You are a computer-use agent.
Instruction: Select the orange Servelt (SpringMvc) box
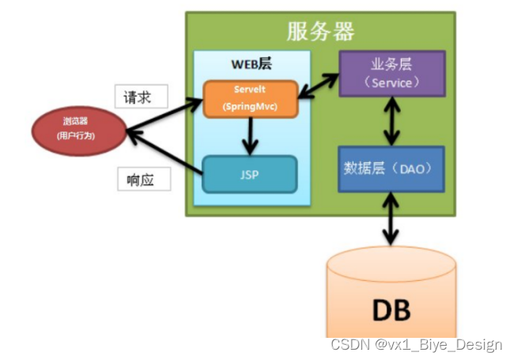(249, 98)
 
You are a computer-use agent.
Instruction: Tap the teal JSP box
(249, 174)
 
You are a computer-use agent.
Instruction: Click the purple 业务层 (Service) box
(391, 74)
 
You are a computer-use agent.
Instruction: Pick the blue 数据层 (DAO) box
(391, 168)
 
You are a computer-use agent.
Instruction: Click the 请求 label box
(142, 97)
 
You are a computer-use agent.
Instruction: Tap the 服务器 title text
(319, 31)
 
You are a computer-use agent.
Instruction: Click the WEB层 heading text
(251, 64)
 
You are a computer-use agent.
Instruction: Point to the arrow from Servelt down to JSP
(250, 136)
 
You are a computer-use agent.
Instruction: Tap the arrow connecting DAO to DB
(391, 219)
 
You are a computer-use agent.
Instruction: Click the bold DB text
(391, 308)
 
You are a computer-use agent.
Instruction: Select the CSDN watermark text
(416, 344)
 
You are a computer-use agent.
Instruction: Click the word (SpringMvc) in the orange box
(249, 106)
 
